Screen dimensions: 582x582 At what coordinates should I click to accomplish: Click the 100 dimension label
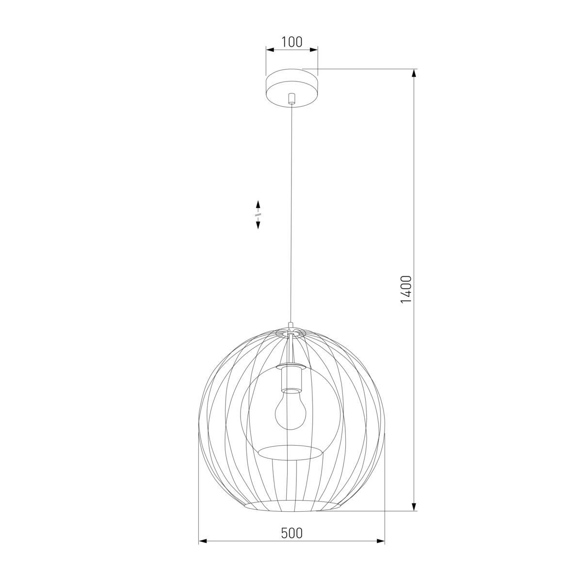tap(291, 42)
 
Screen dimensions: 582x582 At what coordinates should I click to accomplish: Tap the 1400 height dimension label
tap(406, 290)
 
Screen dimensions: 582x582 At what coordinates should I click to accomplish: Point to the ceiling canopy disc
tap(291, 87)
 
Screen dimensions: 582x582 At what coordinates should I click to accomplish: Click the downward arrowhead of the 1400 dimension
tap(414, 507)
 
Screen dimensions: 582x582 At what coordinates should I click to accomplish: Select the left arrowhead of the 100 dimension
tap(269, 49)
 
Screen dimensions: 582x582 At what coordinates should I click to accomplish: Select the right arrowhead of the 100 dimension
tap(314, 49)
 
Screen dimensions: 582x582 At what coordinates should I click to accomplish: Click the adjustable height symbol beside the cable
tap(258, 214)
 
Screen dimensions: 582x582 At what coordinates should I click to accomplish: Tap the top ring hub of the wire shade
tap(290, 333)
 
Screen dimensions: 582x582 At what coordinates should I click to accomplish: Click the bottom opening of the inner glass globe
tap(290, 453)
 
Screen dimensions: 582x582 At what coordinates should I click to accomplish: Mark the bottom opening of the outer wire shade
tap(291, 507)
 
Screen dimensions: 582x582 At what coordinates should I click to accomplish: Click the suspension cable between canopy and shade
tap(291, 218)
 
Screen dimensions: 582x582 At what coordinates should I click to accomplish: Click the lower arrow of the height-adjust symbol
tap(258, 225)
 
